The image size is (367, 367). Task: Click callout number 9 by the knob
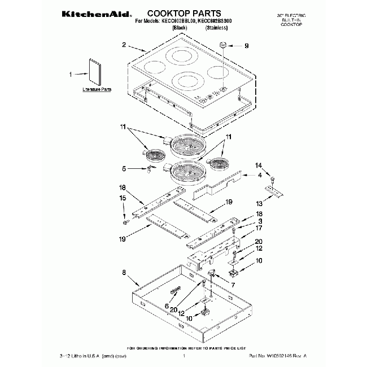click(246, 47)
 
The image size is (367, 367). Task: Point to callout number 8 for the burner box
click(123, 273)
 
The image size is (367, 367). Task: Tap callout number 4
click(259, 176)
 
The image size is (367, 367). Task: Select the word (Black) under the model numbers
click(180, 27)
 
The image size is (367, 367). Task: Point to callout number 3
click(260, 222)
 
